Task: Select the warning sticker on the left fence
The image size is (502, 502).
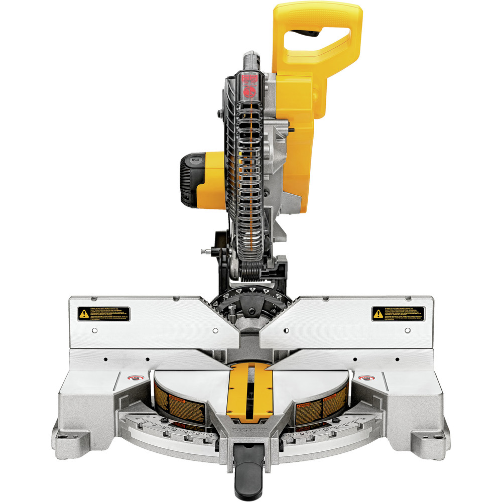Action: [103, 314]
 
